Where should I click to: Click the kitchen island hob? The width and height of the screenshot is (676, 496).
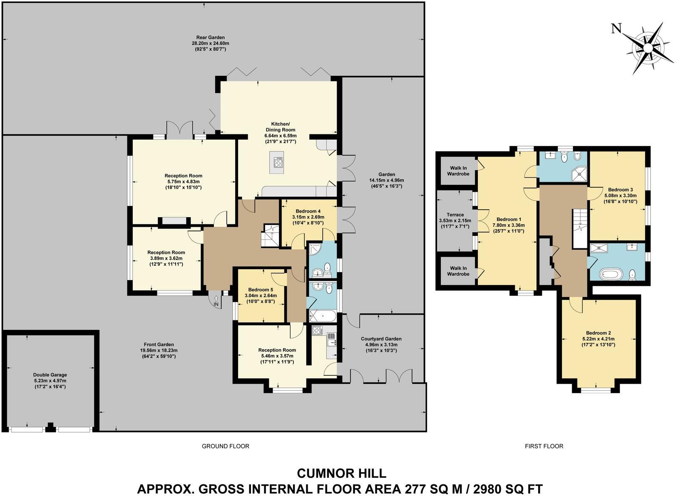tap(278, 163)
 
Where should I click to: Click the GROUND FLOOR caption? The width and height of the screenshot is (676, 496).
tap(225, 446)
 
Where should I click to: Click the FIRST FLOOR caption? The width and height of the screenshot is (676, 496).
tap(544, 446)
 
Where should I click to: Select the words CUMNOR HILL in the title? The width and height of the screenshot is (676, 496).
tap(341, 473)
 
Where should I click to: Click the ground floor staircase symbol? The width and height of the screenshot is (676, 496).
tap(269, 236)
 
